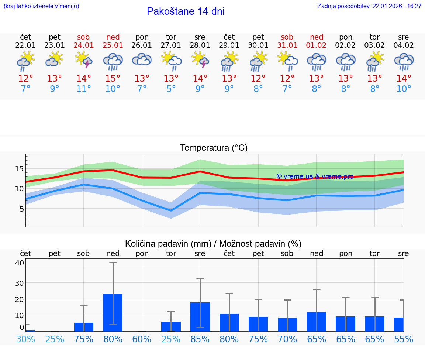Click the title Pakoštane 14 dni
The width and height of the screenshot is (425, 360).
[186, 11]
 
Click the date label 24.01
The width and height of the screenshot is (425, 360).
[84, 45]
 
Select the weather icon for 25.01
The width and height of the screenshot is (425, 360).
[113, 61]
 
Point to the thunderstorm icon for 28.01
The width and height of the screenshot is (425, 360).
[200, 60]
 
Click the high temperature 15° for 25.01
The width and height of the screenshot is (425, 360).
[113, 79]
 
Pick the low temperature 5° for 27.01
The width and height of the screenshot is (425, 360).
[171, 89]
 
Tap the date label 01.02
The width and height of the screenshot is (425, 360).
[316, 45]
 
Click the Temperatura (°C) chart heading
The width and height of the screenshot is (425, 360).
[214, 148]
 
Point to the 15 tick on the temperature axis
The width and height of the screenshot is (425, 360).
[19, 169]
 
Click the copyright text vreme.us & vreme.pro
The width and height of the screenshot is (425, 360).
[315, 176]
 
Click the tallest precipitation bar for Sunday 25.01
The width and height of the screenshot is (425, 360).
[113, 312]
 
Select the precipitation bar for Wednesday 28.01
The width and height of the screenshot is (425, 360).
[200, 316]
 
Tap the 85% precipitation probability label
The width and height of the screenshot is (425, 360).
[200, 339]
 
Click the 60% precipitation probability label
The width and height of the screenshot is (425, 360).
[142, 339]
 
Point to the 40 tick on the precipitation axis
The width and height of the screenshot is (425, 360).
[20, 263]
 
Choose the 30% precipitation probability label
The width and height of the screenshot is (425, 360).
[25, 339]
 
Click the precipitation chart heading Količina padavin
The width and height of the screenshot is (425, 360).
[213, 244]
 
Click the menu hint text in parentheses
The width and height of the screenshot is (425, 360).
[41, 6]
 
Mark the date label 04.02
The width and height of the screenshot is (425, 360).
[404, 45]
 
